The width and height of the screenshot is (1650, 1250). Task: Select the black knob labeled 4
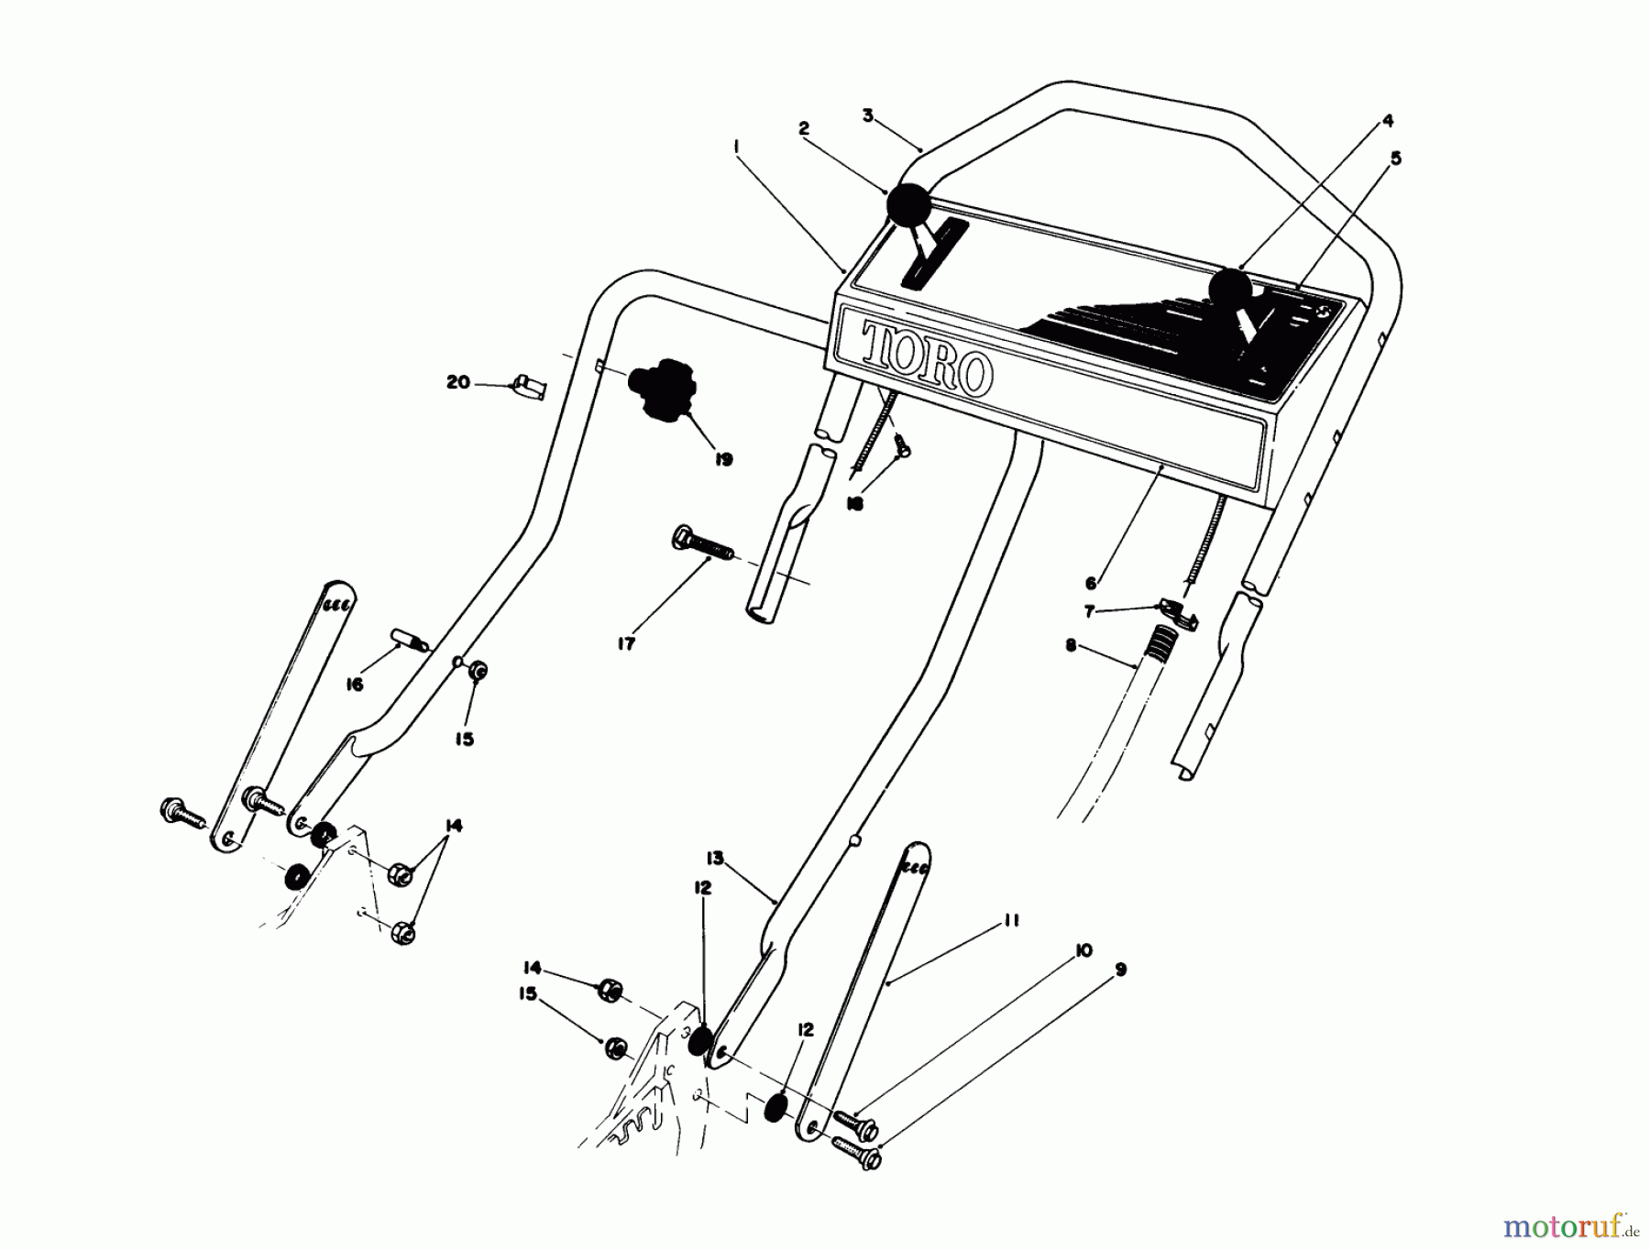(1230, 289)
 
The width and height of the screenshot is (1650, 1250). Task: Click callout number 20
(458, 382)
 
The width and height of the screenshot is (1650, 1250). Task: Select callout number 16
(355, 684)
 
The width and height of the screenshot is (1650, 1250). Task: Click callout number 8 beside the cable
(1071, 646)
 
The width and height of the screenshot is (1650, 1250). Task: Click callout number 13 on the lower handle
(715, 859)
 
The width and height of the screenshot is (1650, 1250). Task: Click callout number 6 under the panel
(1091, 583)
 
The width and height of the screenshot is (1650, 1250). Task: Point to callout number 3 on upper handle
(867, 115)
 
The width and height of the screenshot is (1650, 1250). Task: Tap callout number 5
(1395, 159)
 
